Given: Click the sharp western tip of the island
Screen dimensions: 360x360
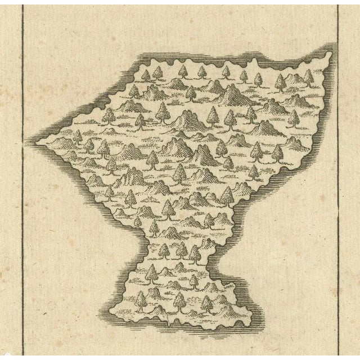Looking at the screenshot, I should (30, 139).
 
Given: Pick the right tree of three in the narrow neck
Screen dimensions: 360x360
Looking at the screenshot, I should (196, 255).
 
